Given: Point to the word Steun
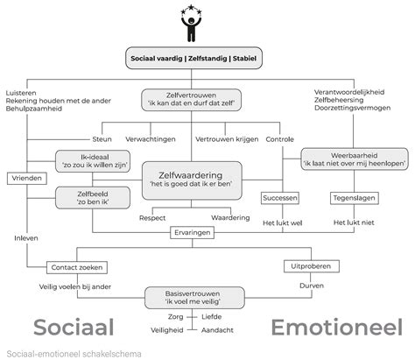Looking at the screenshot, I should tap(102, 139).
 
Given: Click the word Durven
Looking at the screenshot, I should tap(306, 284).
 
